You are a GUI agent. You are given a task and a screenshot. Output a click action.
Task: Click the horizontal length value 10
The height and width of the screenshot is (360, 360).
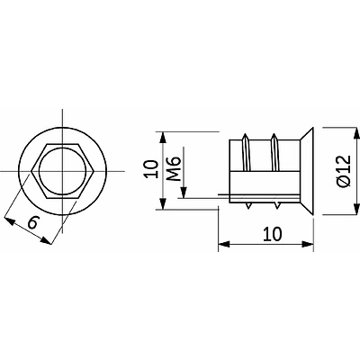point(273,234)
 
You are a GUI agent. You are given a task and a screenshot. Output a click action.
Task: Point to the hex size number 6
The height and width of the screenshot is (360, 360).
point(33,222)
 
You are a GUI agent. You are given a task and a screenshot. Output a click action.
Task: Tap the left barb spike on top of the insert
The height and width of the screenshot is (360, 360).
point(246,152)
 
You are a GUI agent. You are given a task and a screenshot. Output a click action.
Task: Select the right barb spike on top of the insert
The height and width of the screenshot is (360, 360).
point(274,152)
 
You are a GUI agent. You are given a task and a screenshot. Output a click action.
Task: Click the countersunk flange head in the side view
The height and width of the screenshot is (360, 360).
point(307,171)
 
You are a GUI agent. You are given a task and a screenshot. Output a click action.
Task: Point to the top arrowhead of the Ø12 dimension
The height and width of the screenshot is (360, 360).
point(356,134)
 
